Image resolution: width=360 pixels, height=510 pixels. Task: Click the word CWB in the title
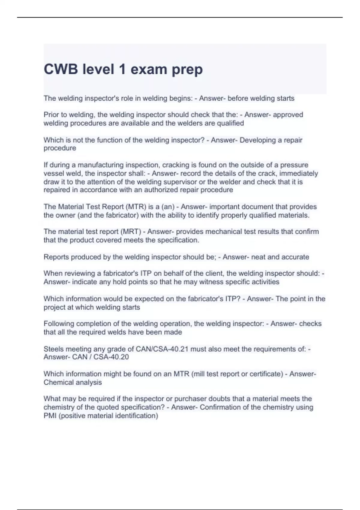[x=61, y=69]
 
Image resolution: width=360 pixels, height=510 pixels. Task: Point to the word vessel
[x=53, y=173]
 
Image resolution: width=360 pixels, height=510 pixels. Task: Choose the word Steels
[x=53, y=349]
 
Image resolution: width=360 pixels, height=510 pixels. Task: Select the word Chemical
[x=58, y=382]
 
